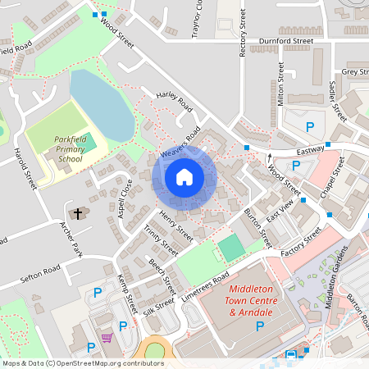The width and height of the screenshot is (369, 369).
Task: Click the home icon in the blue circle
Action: pyautogui.click(x=184, y=176)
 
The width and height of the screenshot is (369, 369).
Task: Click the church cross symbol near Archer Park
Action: pyautogui.click(x=79, y=214)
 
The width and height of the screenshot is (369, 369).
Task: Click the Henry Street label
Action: pyautogui.click(x=175, y=226)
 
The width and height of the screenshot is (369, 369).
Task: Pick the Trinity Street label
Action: pyautogui.click(x=161, y=241)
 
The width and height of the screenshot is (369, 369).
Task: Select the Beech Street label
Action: pyautogui.click(x=162, y=276)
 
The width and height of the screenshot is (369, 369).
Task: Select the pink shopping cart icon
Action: pyautogui.click(x=106, y=337)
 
